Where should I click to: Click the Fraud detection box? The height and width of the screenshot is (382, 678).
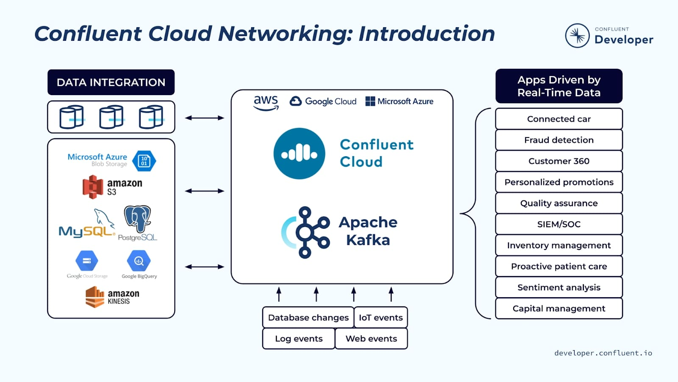[x=559, y=140]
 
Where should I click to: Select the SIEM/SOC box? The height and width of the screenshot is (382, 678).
[x=559, y=224]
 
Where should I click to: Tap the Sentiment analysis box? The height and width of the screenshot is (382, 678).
[x=559, y=287]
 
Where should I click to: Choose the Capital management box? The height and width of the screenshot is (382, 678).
[x=559, y=309]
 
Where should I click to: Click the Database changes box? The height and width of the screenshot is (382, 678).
[x=308, y=317]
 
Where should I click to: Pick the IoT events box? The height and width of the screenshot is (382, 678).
[x=381, y=317]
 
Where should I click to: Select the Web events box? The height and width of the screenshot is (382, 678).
[x=371, y=339]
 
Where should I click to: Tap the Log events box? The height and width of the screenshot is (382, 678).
[x=299, y=339]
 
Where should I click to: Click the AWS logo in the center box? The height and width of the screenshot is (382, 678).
[x=266, y=102]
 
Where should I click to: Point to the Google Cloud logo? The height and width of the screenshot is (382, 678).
[x=323, y=101]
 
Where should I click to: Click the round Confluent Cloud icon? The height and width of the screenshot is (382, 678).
[x=299, y=154]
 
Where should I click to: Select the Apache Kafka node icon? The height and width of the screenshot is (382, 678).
[x=308, y=233]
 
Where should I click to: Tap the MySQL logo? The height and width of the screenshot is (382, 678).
[x=87, y=225]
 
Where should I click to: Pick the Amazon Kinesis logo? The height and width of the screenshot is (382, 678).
[x=112, y=297]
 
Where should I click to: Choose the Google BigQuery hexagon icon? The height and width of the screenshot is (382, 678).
[x=139, y=261]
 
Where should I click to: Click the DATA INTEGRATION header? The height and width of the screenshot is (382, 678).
[x=111, y=82]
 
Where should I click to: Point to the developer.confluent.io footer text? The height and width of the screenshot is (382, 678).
[x=603, y=353]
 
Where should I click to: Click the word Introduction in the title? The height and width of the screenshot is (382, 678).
[x=426, y=34]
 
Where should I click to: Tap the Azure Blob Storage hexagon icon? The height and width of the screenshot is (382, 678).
[x=144, y=161]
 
